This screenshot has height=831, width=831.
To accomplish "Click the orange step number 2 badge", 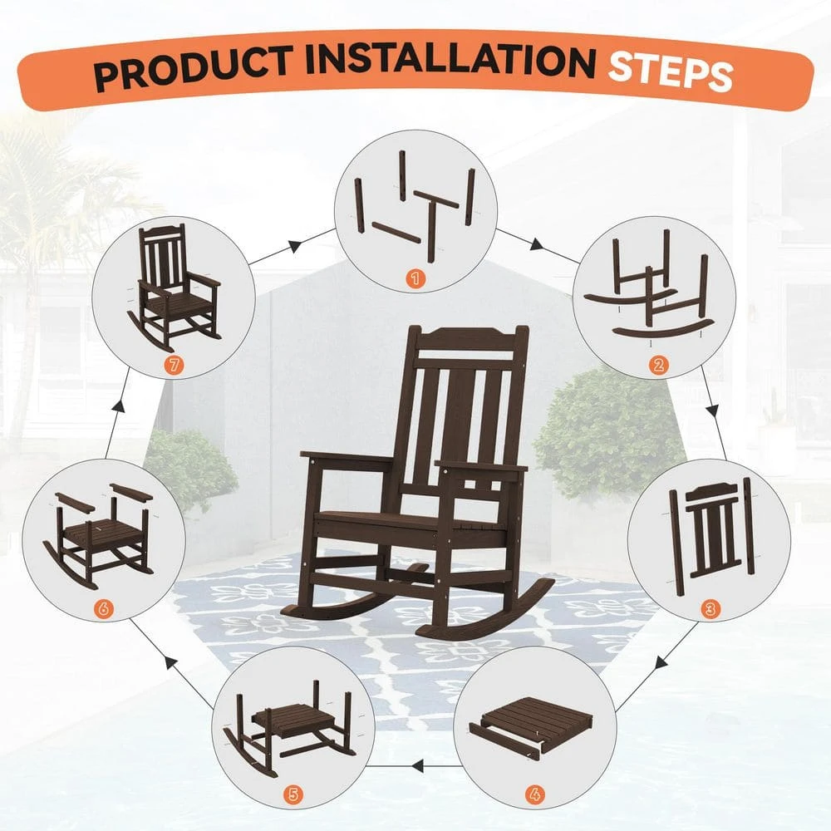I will (x=658, y=363).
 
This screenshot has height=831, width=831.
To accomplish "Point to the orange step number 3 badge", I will (x=708, y=607).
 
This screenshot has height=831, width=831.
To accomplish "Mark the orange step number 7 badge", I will (x=173, y=363).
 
